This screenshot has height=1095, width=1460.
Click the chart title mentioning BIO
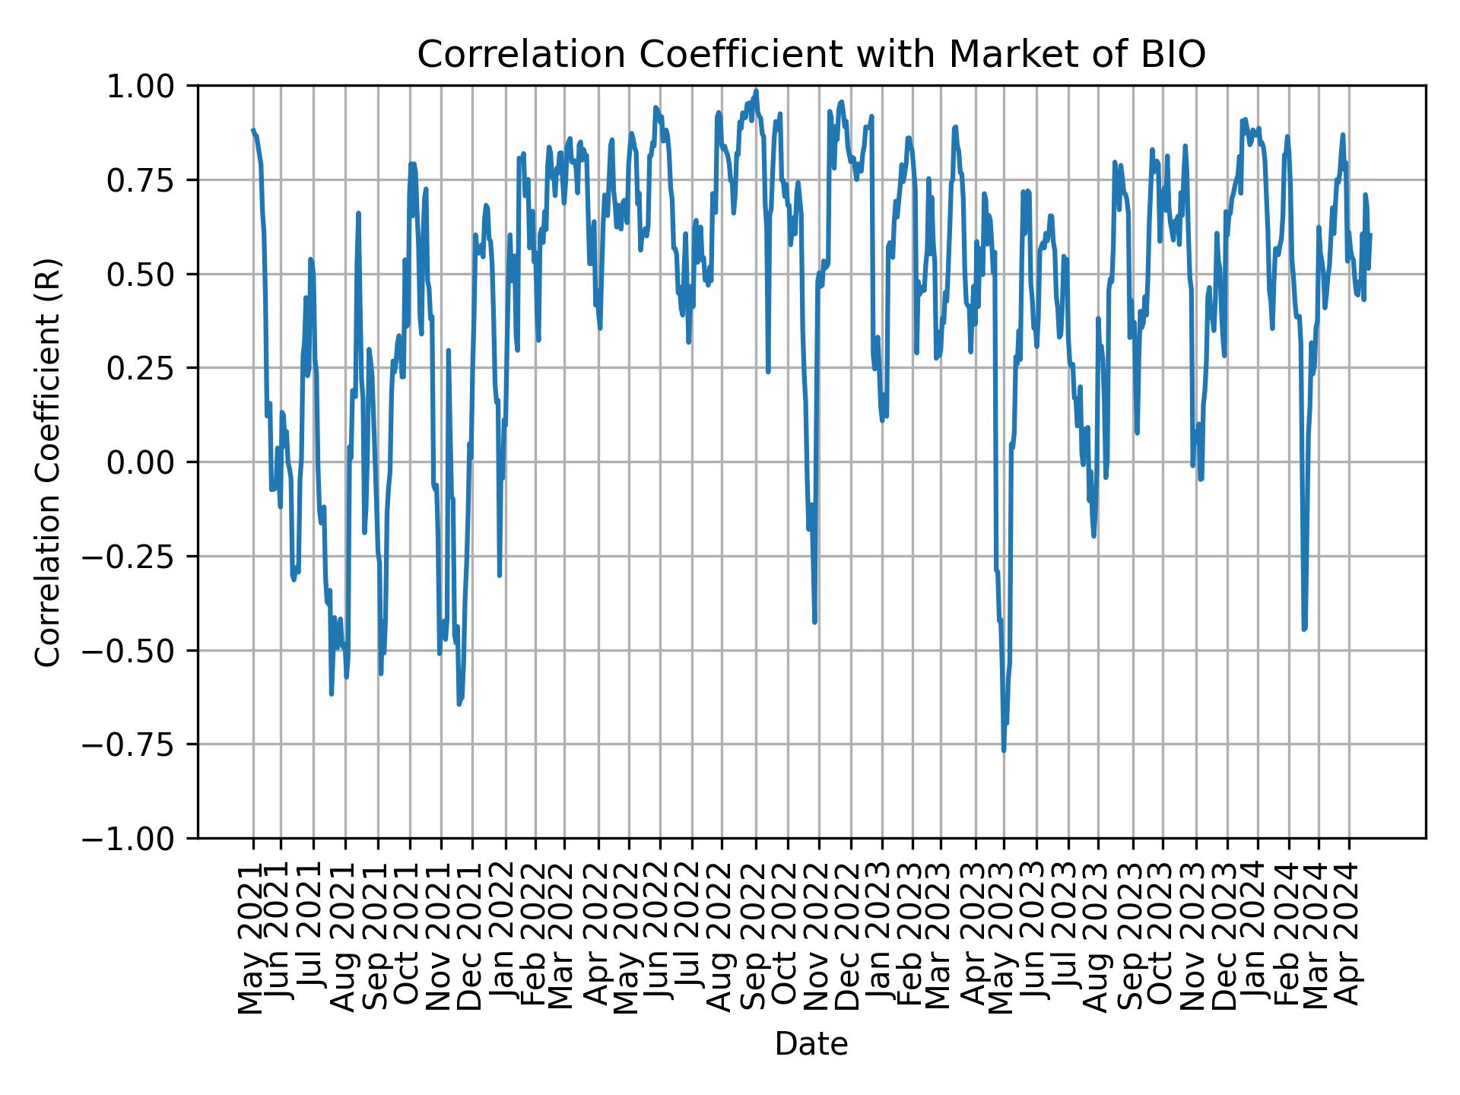[x=811, y=55]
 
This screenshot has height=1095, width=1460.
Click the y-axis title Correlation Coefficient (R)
[x=48, y=462]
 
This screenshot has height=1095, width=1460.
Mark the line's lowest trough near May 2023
[x=1004, y=751]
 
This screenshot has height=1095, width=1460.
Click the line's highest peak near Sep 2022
[x=756, y=90]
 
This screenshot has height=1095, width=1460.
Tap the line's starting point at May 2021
[x=253, y=130]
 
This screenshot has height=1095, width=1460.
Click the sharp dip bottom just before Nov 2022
[x=815, y=623]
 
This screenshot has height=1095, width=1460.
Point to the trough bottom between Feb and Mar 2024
[x=1303, y=629]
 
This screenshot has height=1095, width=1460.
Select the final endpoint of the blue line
[x=1370, y=234]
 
